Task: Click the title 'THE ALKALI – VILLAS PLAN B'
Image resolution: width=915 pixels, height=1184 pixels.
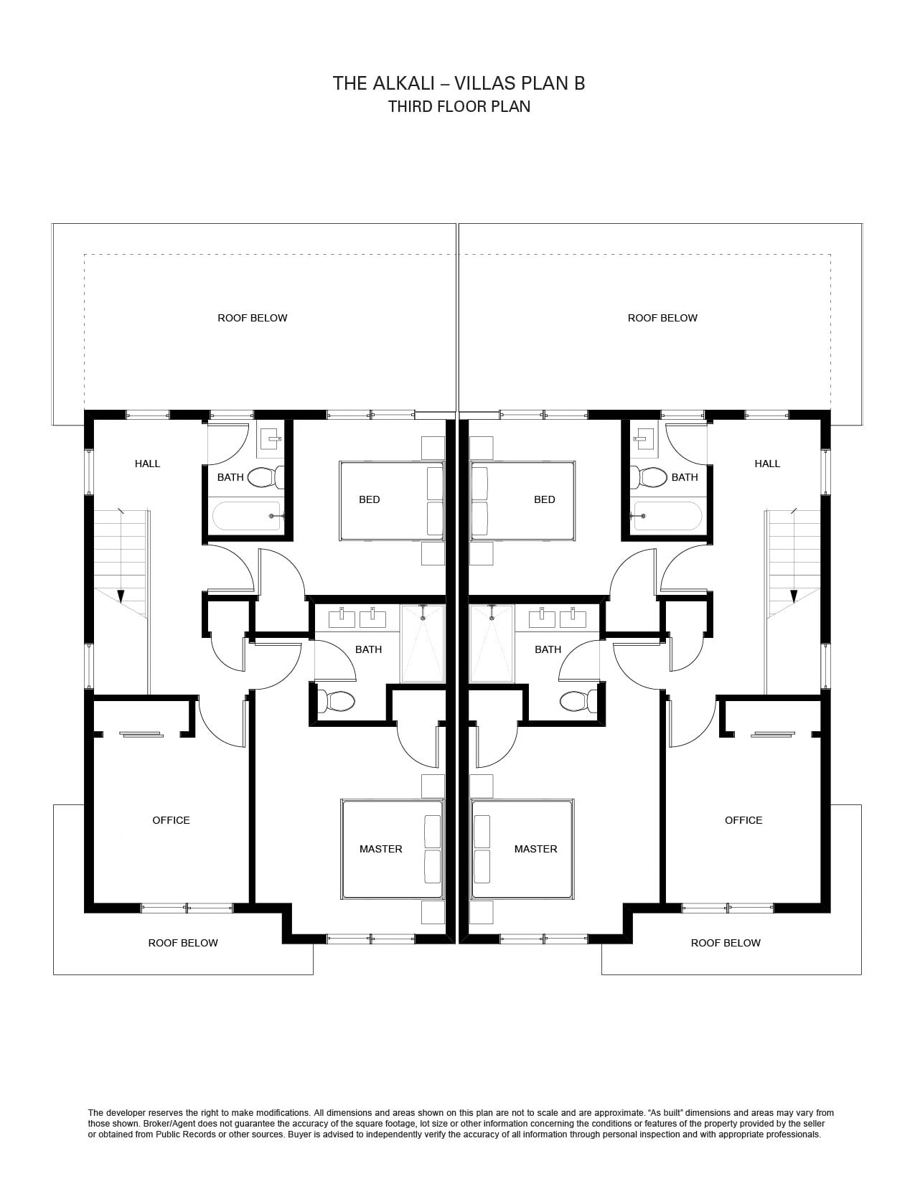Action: (459, 83)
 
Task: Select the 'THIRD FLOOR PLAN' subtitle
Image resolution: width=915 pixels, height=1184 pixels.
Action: (459, 106)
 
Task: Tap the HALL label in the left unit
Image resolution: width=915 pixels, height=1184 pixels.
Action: (147, 464)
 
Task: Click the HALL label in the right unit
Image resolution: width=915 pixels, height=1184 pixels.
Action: (767, 464)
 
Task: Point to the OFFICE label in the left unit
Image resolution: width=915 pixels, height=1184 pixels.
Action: (171, 820)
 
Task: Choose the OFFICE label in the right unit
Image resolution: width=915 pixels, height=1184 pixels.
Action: (743, 820)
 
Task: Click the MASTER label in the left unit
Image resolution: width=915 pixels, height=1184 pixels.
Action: (381, 849)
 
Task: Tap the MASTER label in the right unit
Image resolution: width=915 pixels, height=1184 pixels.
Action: (535, 849)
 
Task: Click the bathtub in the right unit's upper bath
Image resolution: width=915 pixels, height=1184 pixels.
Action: (666, 515)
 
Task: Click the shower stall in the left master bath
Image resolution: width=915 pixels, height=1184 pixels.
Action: (423, 643)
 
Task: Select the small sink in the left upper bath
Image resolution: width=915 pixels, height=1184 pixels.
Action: (271, 438)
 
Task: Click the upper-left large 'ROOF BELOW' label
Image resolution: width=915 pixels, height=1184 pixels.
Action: (253, 318)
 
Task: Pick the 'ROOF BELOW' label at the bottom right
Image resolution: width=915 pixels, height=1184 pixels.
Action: (726, 943)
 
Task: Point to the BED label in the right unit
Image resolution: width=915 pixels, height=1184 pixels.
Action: (545, 499)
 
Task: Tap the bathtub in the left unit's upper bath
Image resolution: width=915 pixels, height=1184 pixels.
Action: (248, 515)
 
